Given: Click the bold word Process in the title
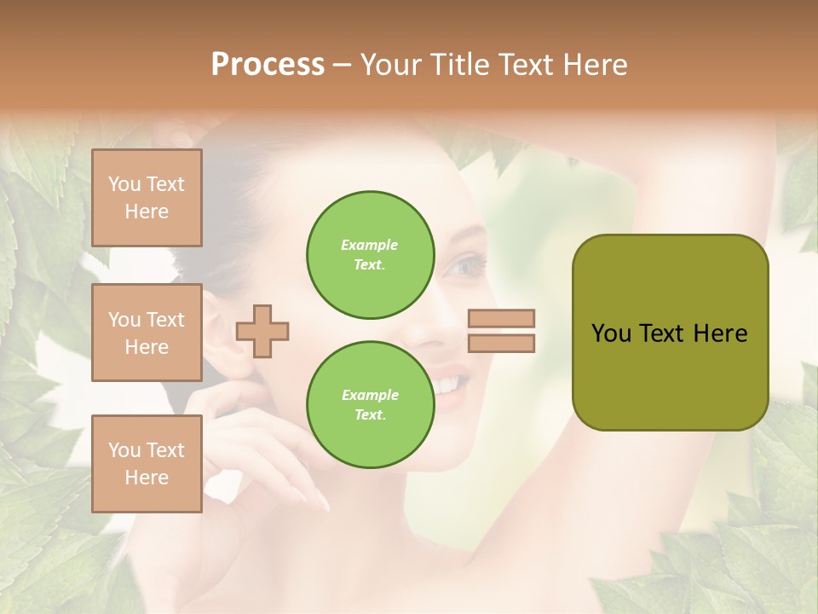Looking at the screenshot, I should tap(268, 65).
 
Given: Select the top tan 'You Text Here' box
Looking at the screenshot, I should tap(147, 198).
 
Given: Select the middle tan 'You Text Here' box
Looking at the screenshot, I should tap(147, 333).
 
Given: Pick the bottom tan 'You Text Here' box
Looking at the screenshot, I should tap(147, 464).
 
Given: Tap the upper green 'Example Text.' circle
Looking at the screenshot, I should tap(370, 255).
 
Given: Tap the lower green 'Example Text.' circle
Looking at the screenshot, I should tap(370, 405).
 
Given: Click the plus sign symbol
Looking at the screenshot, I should tap(262, 331).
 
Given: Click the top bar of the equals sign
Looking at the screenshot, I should tap(501, 319).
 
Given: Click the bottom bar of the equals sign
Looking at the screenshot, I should tap(501, 343).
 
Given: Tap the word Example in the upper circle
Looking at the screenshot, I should tap(370, 245).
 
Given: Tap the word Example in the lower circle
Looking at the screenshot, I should tap(370, 395).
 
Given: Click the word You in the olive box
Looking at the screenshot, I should tap(610, 333).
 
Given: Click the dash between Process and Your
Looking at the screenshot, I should tap(343, 65).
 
